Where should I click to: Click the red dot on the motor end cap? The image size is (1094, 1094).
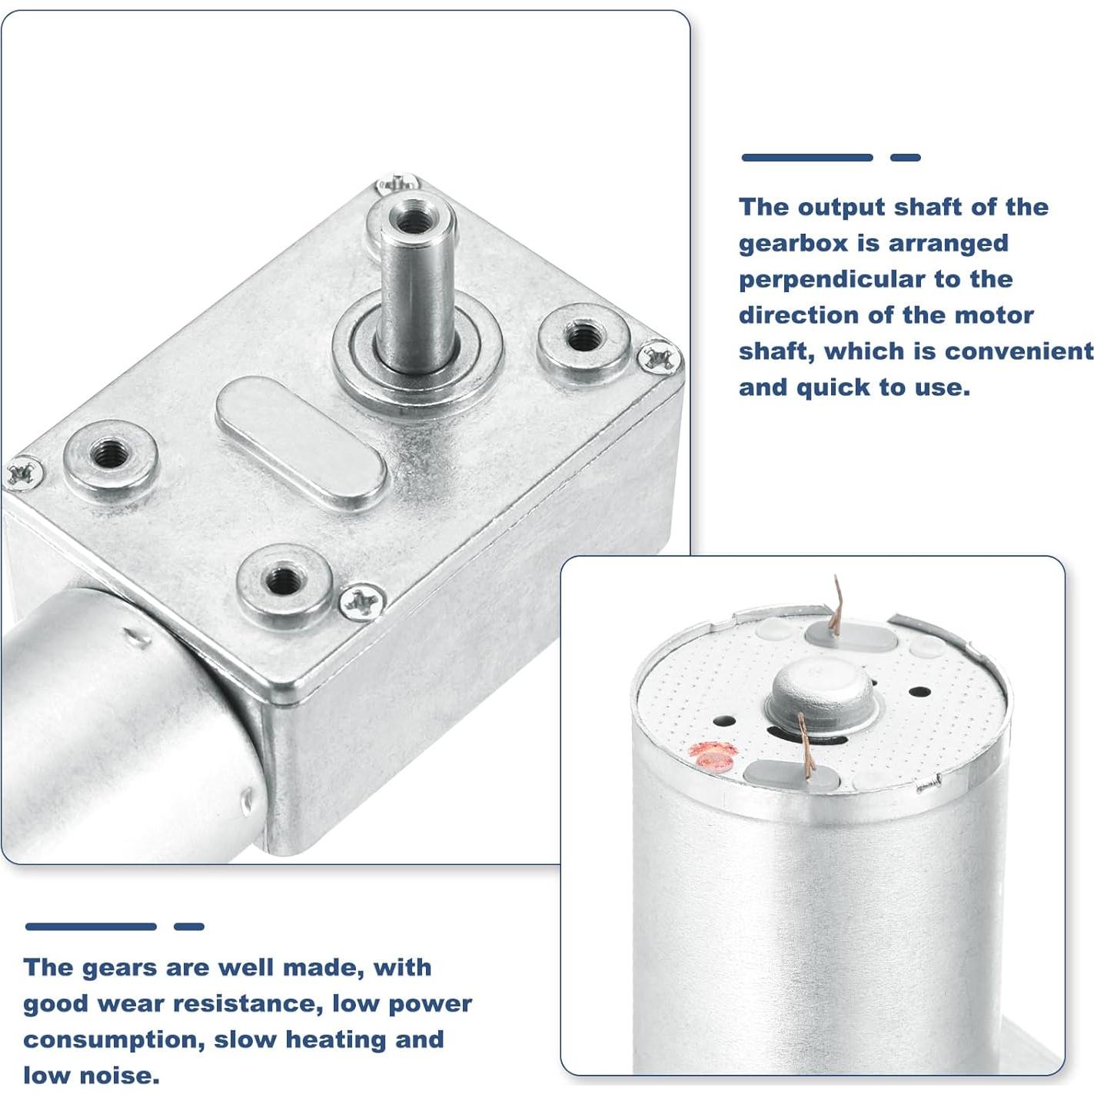(x=713, y=755)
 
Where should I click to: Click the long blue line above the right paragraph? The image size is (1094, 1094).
(x=806, y=158)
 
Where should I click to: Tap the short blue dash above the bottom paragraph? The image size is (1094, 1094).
(x=188, y=926)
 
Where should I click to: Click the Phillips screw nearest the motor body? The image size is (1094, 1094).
(x=362, y=600)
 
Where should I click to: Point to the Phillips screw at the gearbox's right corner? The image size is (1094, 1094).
(x=658, y=357)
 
